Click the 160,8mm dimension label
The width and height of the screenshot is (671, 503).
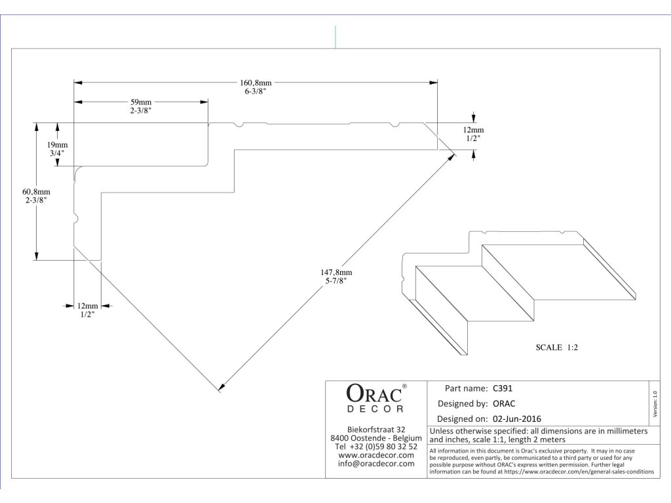pyautogui.click(x=255, y=83)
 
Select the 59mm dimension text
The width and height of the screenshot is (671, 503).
pyautogui.click(x=140, y=102)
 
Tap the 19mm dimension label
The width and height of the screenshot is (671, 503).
pyautogui.click(x=57, y=144)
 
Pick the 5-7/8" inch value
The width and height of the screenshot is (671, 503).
pyautogui.click(x=335, y=280)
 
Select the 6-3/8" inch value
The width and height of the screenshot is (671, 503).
pyautogui.click(x=255, y=92)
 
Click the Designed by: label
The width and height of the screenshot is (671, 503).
pyautogui.click(x=463, y=403)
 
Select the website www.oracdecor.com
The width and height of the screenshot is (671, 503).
pyautogui.click(x=376, y=455)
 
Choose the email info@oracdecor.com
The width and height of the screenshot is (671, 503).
pyautogui.click(x=376, y=464)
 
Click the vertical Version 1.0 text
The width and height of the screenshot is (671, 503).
pyautogui.click(x=655, y=403)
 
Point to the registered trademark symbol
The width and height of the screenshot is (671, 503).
pyautogui.click(x=404, y=386)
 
